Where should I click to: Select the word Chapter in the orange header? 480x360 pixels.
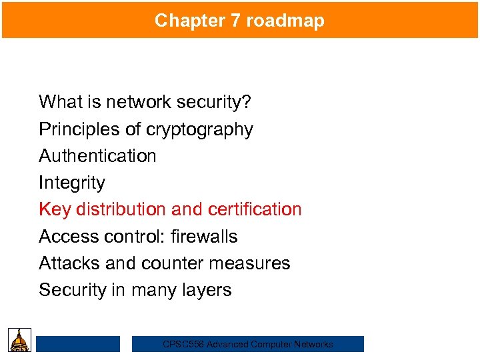pos(190,21)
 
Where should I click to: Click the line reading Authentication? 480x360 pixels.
pos(97,156)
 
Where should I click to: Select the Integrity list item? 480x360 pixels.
pos(72,183)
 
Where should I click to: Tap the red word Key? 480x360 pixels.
pos(55,209)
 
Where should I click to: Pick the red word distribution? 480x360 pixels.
pos(121,209)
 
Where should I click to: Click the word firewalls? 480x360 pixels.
pos(203,237)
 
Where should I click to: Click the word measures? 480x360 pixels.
pos(252,263)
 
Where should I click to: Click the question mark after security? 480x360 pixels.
pos(247,102)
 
